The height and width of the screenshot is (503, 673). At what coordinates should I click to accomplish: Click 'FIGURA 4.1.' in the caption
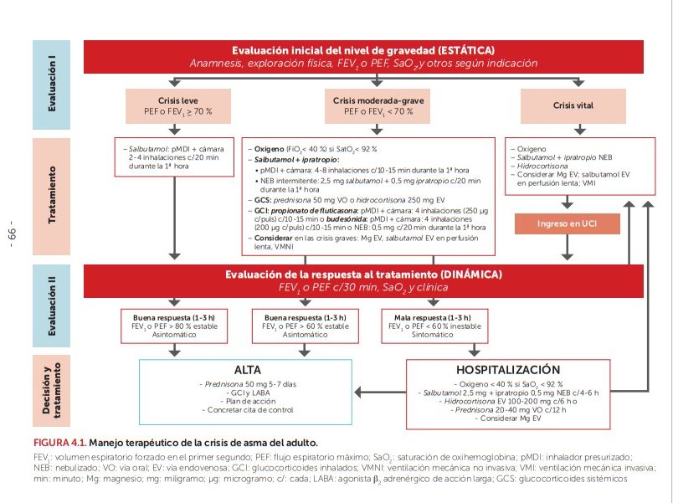click(59, 441)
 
